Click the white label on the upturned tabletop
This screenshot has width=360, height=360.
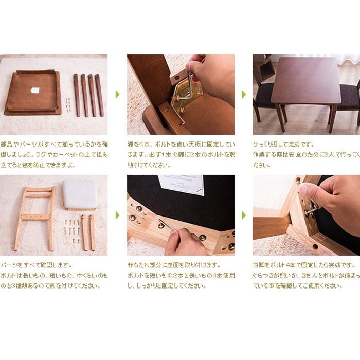35,90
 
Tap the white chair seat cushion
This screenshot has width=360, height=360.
80,194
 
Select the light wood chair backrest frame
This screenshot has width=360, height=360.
35,218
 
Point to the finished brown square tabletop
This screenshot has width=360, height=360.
306,80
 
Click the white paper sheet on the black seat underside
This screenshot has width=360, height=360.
181,185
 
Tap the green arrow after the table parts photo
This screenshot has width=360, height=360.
117,94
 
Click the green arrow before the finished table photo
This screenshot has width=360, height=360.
244,94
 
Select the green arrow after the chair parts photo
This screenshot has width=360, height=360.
117,215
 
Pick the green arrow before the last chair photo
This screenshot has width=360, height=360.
244,215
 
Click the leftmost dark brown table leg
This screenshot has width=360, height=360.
77,95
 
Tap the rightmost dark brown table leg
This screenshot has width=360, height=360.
99,95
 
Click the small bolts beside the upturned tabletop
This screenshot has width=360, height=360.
68,105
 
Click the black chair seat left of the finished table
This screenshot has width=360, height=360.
264,95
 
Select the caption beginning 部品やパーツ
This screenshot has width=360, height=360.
54,155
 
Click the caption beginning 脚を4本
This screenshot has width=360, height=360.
181,155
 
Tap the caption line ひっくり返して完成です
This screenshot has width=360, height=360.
283,145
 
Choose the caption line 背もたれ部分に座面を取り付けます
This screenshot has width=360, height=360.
174,265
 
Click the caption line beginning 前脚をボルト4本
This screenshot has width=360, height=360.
304,265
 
